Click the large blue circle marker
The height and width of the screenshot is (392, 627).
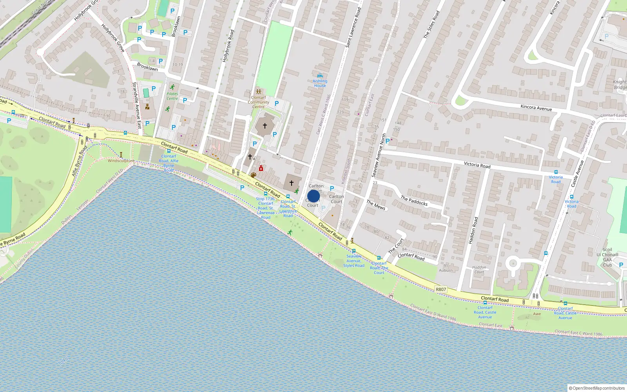click(x=313, y=196)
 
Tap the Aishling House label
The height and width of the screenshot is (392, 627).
click(x=320, y=83)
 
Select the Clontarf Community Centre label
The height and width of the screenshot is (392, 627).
click(x=258, y=102)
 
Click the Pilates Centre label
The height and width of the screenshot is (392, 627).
click(x=172, y=96)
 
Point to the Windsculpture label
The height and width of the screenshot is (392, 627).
click(x=121, y=161)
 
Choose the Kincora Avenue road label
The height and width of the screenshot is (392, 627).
click(x=536, y=108)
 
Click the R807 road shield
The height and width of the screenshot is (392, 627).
click(x=441, y=289)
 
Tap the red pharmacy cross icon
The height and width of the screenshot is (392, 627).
click(x=261, y=169)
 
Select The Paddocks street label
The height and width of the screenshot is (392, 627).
click(x=414, y=201)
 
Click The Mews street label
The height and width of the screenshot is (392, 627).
click(x=376, y=205)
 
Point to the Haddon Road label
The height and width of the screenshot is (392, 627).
click(x=473, y=230)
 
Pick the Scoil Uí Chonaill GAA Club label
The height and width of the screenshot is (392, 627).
click(x=607, y=257)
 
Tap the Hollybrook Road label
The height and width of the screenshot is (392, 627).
click(x=228, y=46)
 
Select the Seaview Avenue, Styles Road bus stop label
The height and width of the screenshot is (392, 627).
click(x=354, y=261)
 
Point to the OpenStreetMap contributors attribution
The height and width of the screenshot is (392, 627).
click(x=597, y=388)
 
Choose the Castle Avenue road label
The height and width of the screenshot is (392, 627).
click(x=577, y=174)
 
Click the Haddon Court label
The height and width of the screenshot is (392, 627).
click(x=479, y=270)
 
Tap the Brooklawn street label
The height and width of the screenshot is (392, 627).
click(x=147, y=67)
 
